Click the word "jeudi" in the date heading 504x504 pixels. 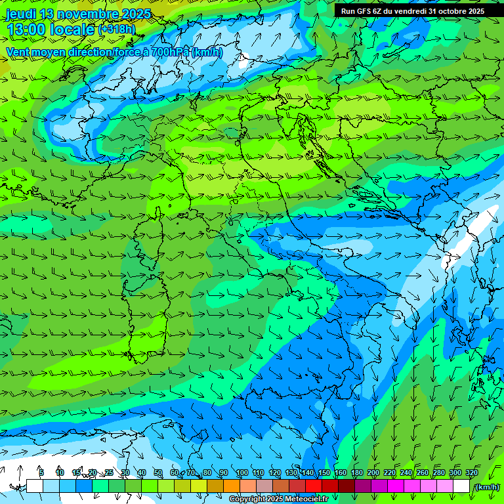(20, 13)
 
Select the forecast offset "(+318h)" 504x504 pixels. (117, 29)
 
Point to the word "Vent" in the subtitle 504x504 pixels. (19, 52)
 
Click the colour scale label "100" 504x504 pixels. (241, 472)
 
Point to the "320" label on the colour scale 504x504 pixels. (471, 472)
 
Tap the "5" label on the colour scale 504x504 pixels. (41, 472)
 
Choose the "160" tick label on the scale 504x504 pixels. (340, 472)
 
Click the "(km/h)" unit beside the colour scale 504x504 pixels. (487, 487)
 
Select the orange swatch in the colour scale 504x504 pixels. (232, 486)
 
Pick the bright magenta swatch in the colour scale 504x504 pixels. (396, 486)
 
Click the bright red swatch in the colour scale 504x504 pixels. (314, 486)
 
